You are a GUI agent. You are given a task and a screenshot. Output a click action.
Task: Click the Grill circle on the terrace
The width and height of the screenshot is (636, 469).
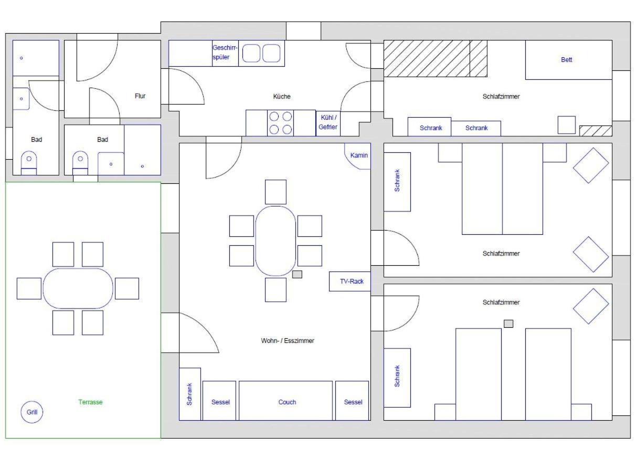click(32, 412)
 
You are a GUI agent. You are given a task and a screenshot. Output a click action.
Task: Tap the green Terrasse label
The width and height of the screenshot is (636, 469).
click(90, 402)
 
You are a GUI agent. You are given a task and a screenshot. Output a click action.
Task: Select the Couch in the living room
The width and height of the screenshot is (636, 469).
click(285, 401)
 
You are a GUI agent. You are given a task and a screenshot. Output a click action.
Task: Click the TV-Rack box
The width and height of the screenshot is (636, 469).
click(350, 281)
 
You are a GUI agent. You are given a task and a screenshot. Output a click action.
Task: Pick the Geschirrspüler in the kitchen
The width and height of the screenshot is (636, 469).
click(225, 53)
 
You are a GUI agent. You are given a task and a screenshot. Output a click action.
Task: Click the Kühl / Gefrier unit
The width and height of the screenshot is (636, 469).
click(328, 123)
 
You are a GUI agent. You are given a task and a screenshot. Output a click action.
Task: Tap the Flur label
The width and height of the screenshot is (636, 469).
click(140, 96)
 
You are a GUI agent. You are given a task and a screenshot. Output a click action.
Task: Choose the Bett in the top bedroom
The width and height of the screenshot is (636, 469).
click(569, 60)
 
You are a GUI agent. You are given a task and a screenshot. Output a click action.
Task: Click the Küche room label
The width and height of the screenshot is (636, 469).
click(282, 96)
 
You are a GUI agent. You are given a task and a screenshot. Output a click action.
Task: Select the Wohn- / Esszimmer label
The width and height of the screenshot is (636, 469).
click(288, 340)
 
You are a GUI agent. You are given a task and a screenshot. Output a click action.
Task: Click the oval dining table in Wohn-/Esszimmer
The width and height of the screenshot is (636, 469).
click(275, 241)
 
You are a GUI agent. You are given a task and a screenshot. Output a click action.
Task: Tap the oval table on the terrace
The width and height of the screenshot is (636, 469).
click(78, 288)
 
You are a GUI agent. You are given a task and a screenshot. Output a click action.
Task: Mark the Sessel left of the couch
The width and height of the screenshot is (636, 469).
click(219, 401)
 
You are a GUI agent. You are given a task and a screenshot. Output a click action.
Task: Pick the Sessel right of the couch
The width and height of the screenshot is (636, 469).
click(352, 401)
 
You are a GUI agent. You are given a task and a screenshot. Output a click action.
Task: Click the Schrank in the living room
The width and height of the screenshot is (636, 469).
click(190, 394)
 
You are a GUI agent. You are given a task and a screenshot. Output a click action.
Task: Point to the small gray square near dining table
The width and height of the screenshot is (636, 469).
click(297, 274)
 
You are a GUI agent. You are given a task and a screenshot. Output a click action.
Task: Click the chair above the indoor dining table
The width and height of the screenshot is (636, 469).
click(275, 192)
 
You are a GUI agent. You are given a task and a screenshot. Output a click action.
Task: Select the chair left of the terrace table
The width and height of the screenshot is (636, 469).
click(29, 288)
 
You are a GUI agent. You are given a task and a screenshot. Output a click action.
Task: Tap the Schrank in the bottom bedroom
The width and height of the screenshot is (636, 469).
click(397, 378)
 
